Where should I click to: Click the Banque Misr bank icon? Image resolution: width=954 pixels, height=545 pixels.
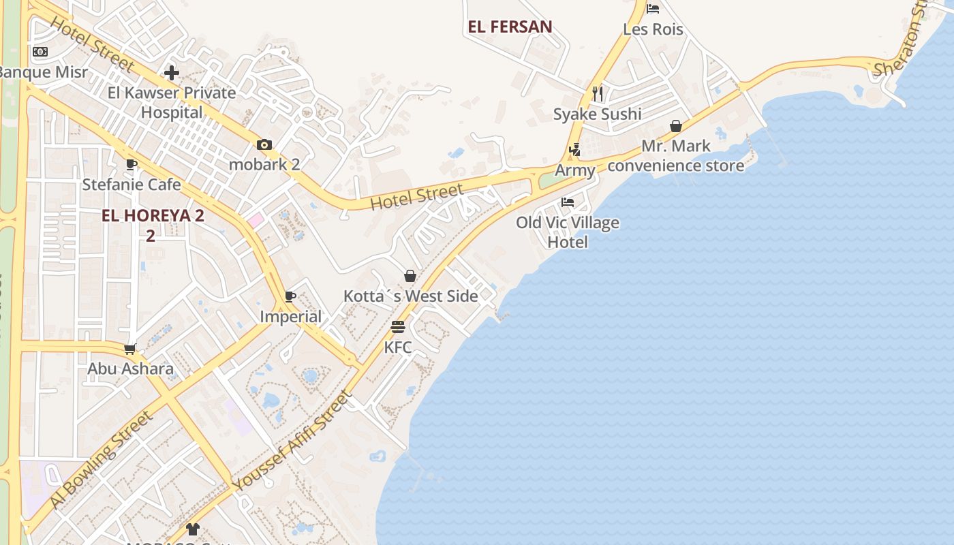tap(40, 52)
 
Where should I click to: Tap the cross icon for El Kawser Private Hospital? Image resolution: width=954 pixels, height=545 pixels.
tap(172, 72)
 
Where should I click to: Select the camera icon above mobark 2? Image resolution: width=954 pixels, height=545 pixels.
tap(264, 144)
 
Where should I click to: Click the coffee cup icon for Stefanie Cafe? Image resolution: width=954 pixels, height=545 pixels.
tap(132, 164)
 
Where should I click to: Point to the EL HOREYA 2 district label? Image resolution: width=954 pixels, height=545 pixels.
tap(153, 217)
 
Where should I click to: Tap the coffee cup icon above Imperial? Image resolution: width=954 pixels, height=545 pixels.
tap(290, 296)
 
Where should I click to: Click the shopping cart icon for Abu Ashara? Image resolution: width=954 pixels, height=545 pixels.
tap(130, 349)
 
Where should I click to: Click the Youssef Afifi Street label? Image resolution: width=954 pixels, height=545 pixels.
tap(293, 440)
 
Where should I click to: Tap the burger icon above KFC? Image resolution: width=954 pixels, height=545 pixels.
tap(398, 327)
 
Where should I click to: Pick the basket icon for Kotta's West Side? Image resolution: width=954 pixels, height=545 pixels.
tap(410, 276)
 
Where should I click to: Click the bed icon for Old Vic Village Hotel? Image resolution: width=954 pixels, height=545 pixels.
tap(567, 202)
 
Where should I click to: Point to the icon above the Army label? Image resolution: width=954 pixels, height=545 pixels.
tap(574, 150)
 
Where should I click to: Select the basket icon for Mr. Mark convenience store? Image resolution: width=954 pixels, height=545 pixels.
tap(676, 126)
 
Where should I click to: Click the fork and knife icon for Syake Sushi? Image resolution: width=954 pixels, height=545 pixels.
tap(598, 94)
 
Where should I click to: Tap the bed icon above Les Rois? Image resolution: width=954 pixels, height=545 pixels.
tap(653, 9)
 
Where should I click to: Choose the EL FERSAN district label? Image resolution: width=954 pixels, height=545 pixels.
tap(510, 27)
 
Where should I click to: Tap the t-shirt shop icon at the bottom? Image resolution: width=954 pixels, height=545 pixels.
tap(193, 529)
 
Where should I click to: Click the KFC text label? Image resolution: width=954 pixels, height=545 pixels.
tap(398, 347)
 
